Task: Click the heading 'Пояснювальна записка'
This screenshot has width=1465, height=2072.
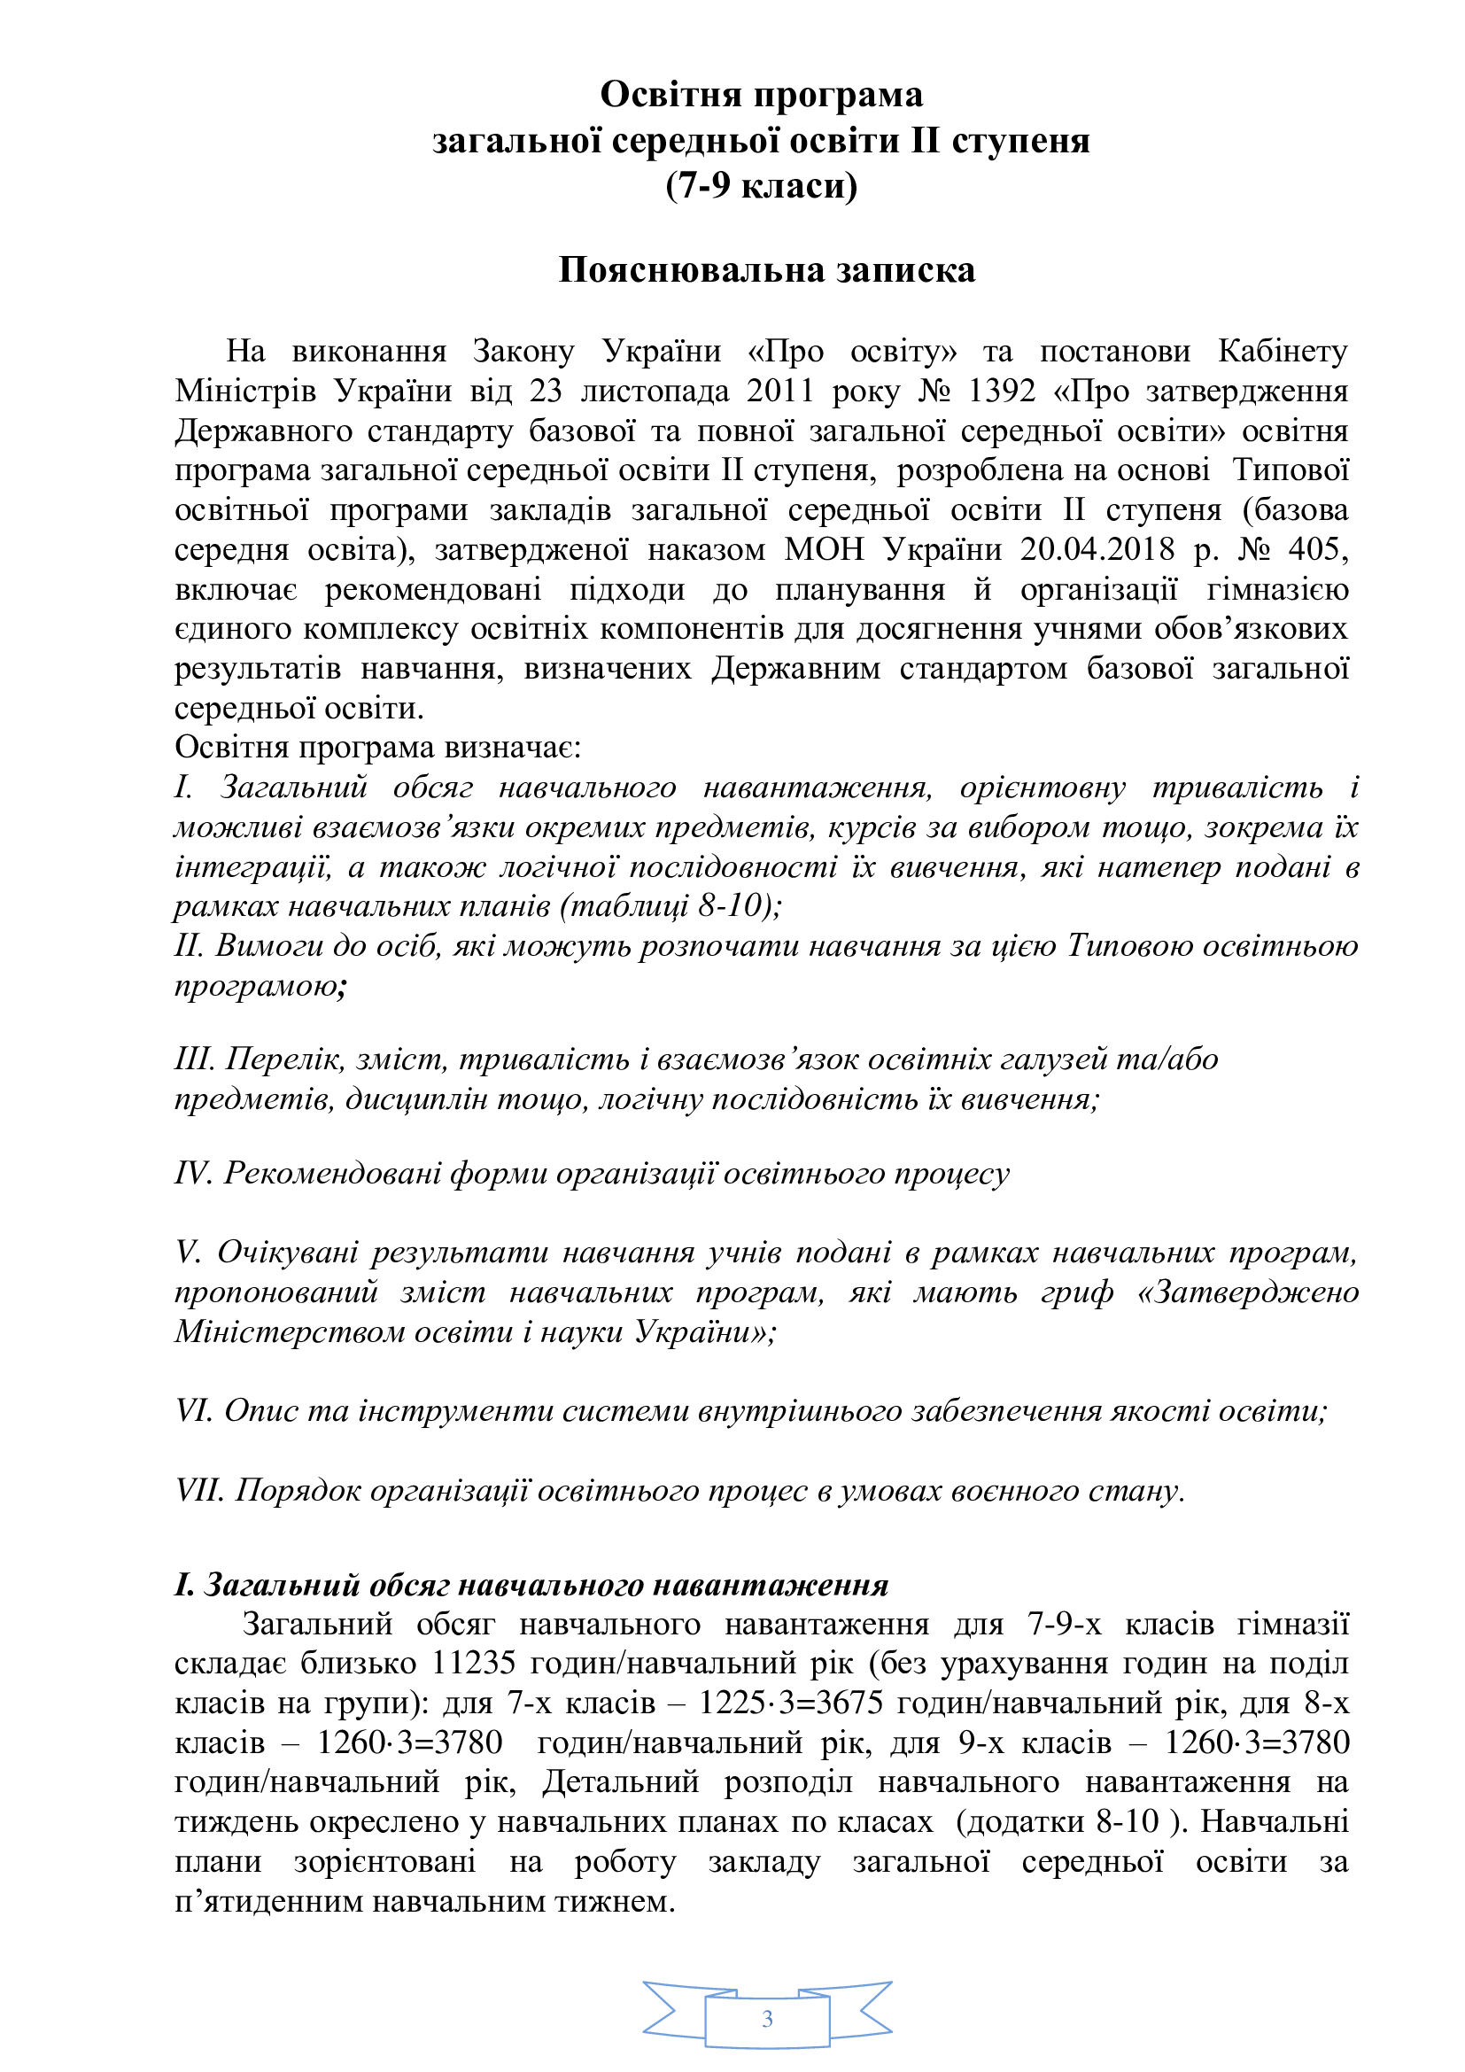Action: point(766,271)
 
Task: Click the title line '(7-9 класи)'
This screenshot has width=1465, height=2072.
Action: point(762,186)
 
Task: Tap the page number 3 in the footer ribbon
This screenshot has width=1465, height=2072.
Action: point(767,2019)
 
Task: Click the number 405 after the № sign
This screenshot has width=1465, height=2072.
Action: point(1318,549)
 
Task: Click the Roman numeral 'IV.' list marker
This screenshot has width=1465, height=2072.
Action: point(193,1173)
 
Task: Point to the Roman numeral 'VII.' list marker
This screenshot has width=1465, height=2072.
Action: point(199,1490)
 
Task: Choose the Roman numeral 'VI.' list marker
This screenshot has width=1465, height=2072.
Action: point(194,1410)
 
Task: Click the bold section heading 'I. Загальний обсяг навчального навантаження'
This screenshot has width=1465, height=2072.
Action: point(531,1585)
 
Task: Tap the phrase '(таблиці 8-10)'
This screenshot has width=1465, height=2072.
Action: point(669,905)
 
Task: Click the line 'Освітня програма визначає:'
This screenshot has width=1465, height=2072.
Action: point(378,748)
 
